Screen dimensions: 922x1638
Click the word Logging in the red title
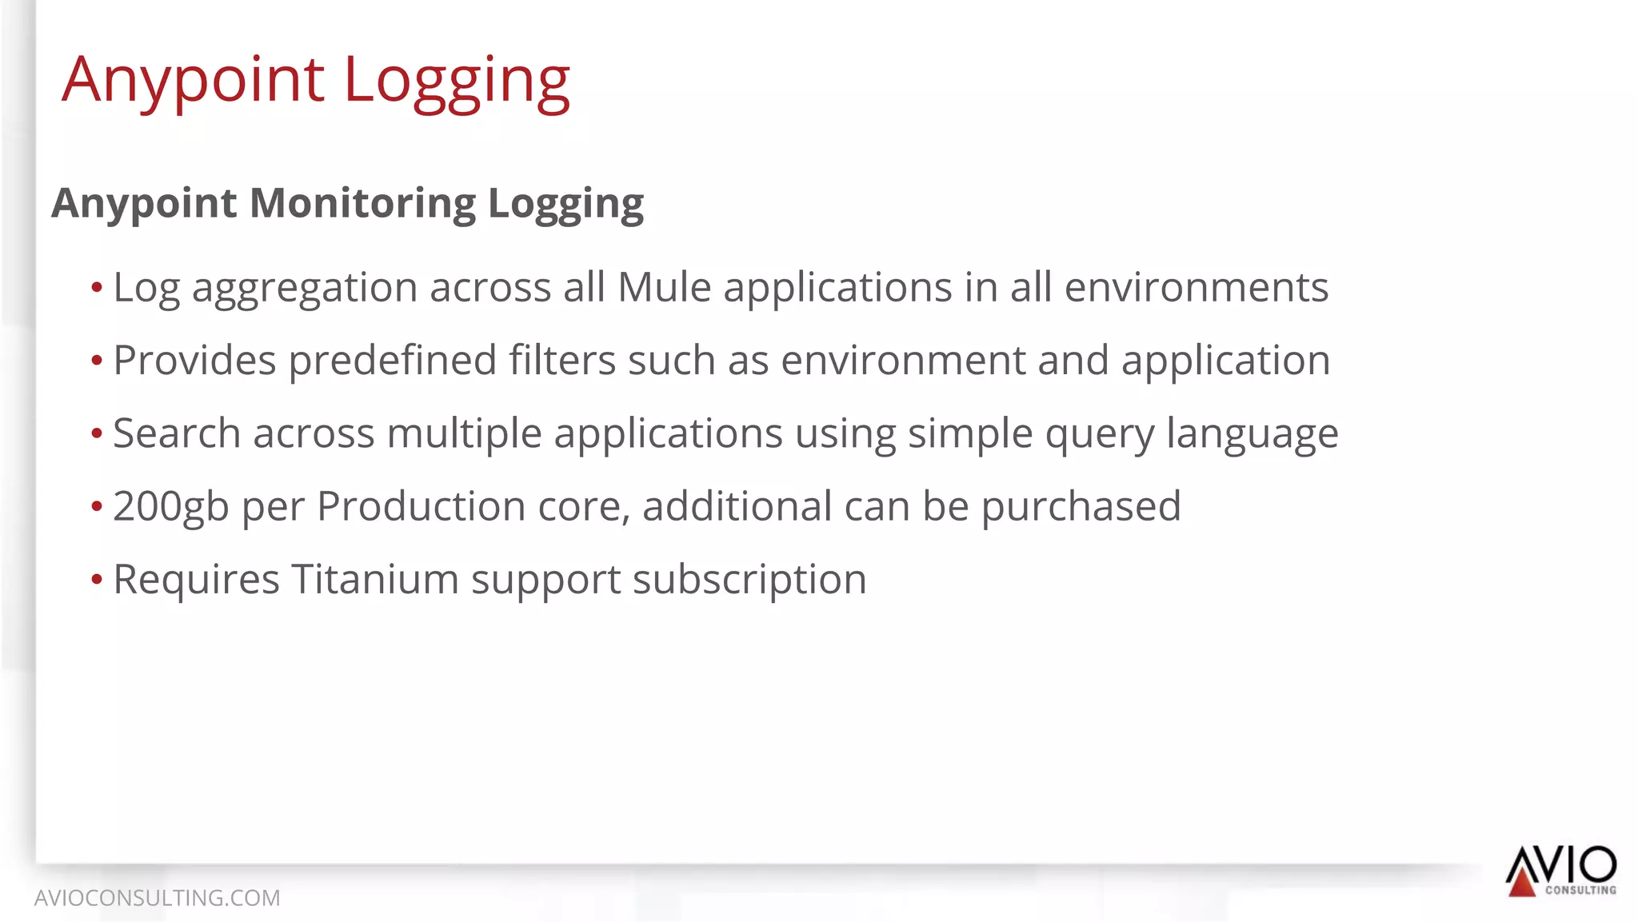coord(457,81)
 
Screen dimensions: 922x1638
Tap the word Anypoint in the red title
coord(193,81)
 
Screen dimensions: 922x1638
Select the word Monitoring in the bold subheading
coord(363,203)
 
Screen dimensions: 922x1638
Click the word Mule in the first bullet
coord(664,287)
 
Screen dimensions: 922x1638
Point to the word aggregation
coord(305,289)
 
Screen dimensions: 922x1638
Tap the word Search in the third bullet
coord(177,433)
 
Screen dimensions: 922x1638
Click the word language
coord(1252,435)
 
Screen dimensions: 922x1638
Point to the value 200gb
coord(171,507)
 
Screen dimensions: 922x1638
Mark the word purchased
coord(1081,507)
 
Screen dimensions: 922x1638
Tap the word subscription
coord(749,581)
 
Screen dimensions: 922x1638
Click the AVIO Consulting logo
coord(1560,871)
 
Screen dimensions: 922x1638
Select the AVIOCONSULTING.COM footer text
coord(158,898)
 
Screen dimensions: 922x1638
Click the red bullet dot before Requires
coord(97,579)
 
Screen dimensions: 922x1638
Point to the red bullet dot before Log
coord(97,287)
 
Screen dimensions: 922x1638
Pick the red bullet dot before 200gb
coord(97,506)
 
